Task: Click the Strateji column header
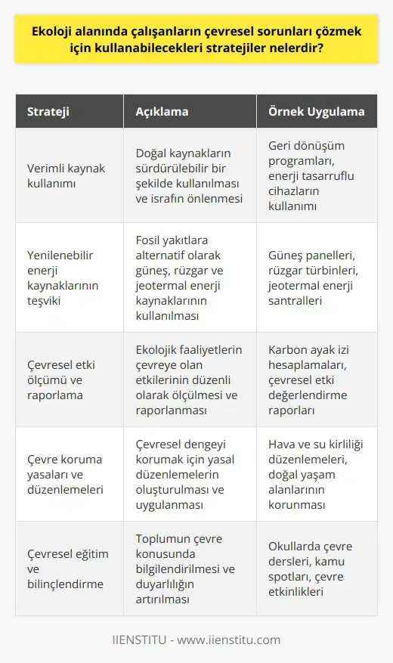[x=48, y=111]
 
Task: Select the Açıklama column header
[x=162, y=111]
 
